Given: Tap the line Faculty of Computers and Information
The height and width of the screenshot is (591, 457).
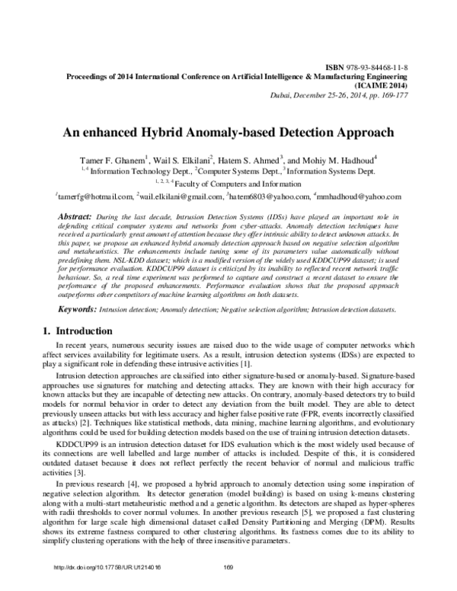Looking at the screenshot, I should (233, 184).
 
